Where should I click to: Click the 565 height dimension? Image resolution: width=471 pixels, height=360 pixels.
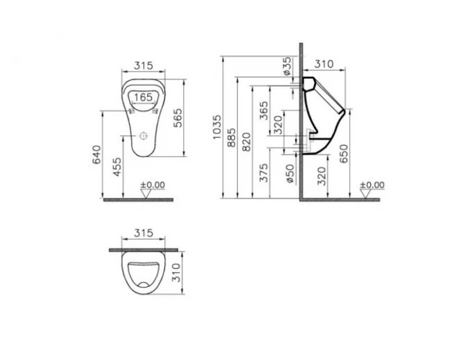tap(178, 117)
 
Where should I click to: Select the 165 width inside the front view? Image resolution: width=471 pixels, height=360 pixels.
tap(143, 97)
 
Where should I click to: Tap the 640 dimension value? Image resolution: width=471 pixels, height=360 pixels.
tap(97, 154)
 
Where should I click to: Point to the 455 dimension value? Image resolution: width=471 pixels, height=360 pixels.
tap(118, 167)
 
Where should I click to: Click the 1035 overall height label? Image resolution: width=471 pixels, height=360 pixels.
tap(217, 126)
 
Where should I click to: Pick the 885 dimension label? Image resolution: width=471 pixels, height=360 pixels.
tap(231, 138)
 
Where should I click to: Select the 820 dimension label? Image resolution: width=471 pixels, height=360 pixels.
tap(247, 142)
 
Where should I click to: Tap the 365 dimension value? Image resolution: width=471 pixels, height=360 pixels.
tap(263, 111)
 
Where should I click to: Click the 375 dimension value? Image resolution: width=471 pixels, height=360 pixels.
tap(264, 173)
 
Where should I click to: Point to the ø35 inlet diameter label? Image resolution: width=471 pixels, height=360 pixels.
tap(287, 66)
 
